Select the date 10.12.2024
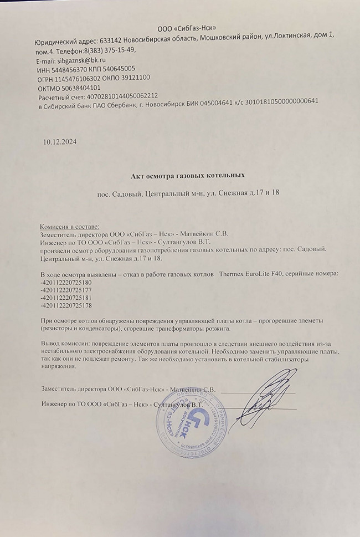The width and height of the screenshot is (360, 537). (60, 142)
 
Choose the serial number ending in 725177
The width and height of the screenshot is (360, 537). (66, 290)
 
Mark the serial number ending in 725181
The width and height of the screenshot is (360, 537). (66, 298)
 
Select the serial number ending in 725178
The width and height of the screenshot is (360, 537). (66, 306)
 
